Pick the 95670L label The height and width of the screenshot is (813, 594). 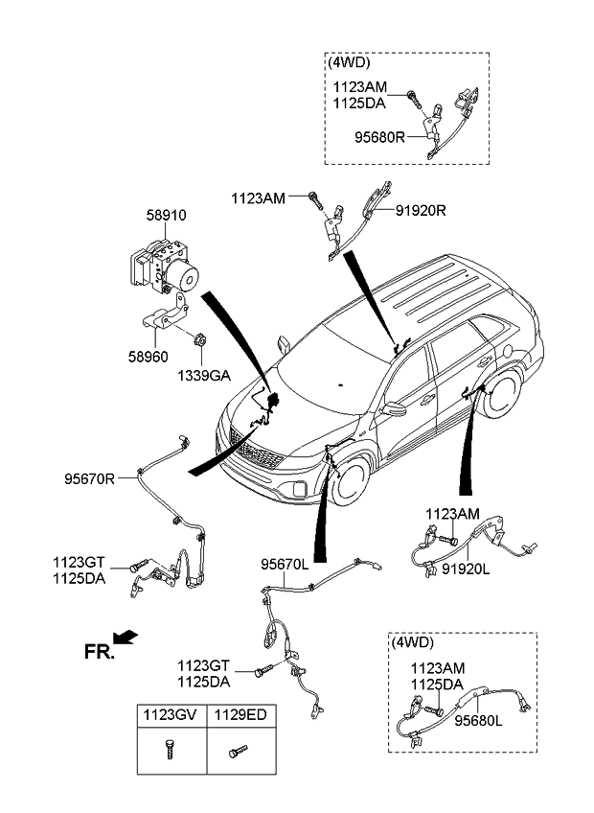pos(285,567)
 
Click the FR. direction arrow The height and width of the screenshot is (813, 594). pos(126,638)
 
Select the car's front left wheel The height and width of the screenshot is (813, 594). pos(350,483)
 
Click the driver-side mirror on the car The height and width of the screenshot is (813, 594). pos(394,409)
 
